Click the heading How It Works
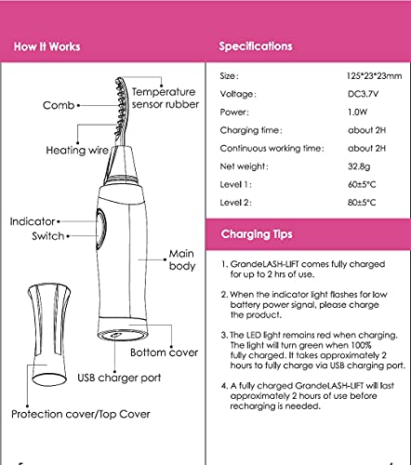coord(47,46)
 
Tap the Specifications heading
coord(256,46)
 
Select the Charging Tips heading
coord(257,234)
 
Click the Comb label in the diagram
coord(59,105)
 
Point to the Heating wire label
coord(77,151)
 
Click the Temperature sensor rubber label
coord(166,98)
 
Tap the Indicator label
coord(33,221)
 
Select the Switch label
coord(48,236)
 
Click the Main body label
coord(182,259)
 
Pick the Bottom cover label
coord(164,352)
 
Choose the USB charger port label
coord(119,378)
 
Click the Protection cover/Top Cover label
coord(81,414)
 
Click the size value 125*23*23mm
coord(374,76)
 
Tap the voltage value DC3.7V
coord(363,94)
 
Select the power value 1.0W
coord(357,112)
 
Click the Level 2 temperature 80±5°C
coord(362,203)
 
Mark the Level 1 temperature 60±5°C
coord(362,185)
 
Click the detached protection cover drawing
coord(49,334)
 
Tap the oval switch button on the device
coord(101,228)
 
